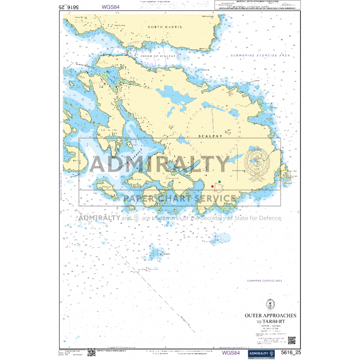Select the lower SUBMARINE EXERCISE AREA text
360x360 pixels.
[x=265, y=281]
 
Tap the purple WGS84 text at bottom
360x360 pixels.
[x=230, y=353]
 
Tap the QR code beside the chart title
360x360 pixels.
[x=292, y=340]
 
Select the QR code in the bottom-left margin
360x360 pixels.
[x=92, y=352]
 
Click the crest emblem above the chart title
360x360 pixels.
[x=270, y=303]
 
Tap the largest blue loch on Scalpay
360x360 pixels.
[x=173, y=95]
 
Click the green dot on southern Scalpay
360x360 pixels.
[x=220, y=182]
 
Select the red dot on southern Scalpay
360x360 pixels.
[x=212, y=186]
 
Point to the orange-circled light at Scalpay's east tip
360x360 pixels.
[x=285, y=176]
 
